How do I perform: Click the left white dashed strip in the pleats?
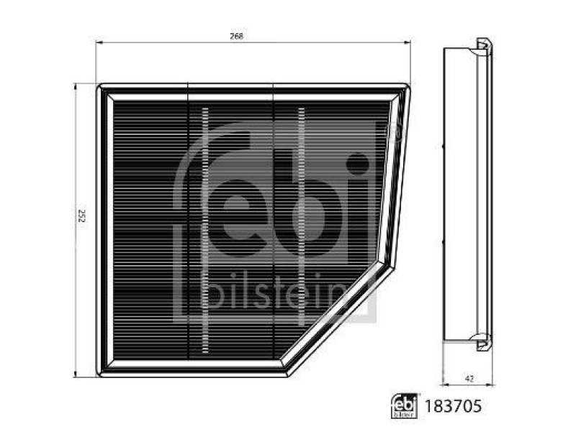click(204, 230)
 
